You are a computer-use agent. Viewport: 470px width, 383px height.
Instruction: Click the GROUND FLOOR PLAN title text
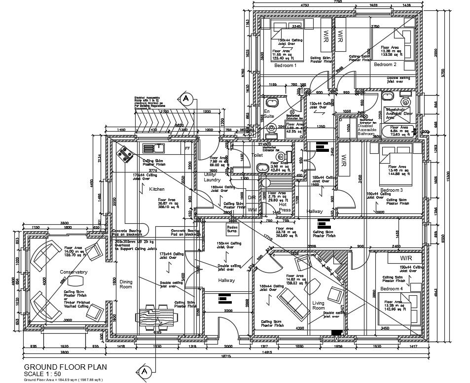click(x=65, y=367)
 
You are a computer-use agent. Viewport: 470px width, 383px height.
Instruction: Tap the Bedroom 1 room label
click(x=286, y=65)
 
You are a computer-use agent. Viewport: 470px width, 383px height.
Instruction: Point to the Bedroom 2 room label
click(x=385, y=65)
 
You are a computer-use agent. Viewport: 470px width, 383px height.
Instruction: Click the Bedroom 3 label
click(x=392, y=190)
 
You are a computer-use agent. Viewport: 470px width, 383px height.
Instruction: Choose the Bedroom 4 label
click(x=392, y=288)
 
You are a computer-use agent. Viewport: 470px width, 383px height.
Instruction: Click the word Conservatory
click(x=73, y=272)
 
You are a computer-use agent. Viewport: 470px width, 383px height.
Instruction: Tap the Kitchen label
click(x=157, y=189)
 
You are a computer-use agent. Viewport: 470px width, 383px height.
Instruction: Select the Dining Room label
click(x=126, y=284)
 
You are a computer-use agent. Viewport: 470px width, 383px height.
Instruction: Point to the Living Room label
click(x=319, y=305)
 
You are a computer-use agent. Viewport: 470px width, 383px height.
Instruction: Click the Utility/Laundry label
click(x=213, y=177)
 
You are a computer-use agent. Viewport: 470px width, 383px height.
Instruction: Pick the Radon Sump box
click(x=232, y=229)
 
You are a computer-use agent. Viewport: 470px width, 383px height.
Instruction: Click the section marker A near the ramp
click(x=186, y=98)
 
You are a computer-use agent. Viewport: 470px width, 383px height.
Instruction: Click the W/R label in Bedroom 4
click(x=406, y=258)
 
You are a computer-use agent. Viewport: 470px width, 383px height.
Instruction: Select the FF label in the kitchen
click(x=187, y=148)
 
